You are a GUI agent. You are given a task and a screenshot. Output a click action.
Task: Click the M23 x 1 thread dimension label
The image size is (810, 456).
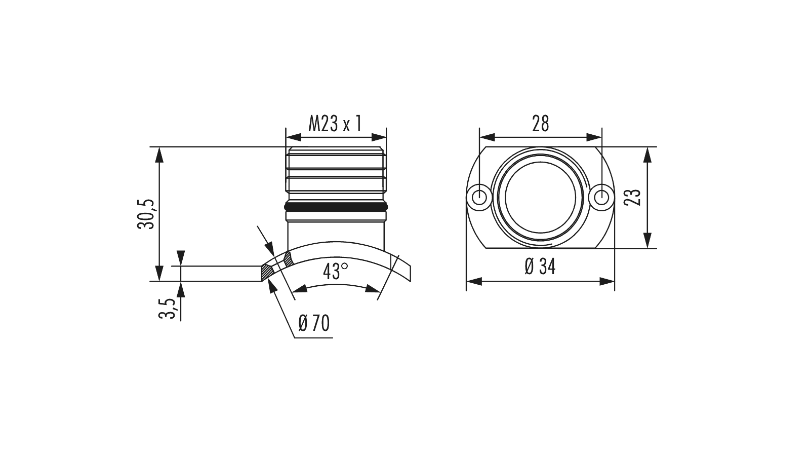pyautogui.click(x=335, y=124)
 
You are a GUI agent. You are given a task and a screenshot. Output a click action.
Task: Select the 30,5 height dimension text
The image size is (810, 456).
pyautogui.click(x=146, y=214)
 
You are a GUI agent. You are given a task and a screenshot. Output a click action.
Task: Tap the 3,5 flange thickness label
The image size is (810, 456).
pyautogui.click(x=167, y=309)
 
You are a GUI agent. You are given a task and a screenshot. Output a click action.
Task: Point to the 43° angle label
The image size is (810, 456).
pyautogui.click(x=336, y=272)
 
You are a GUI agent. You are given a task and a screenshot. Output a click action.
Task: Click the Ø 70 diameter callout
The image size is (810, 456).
pyautogui.click(x=314, y=323)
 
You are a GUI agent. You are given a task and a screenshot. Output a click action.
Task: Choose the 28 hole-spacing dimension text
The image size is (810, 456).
pyautogui.click(x=540, y=124)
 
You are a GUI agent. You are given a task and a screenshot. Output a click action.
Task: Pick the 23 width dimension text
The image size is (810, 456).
pyautogui.click(x=633, y=197)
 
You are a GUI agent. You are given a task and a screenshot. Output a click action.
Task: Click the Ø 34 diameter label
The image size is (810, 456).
pyautogui.click(x=540, y=267)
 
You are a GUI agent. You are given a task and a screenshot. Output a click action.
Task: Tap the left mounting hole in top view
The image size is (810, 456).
pyautogui.click(x=479, y=198)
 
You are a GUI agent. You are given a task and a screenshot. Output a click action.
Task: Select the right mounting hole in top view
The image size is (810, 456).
pyautogui.click(x=601, y=198)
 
